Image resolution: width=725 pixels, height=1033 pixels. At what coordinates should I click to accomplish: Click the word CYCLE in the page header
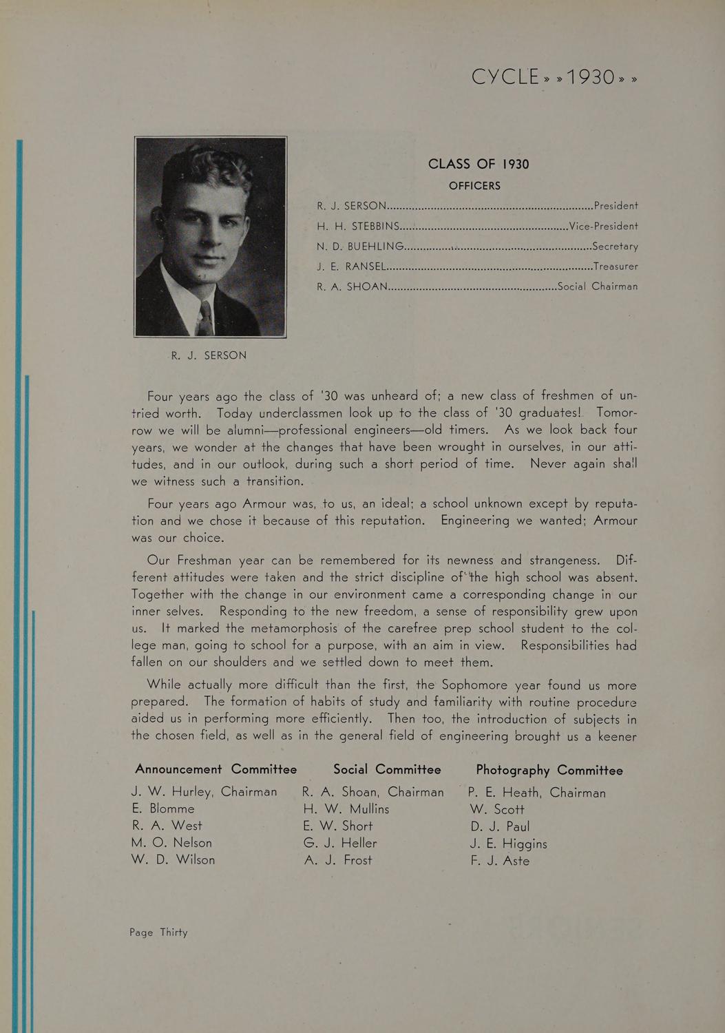tap(505, 76)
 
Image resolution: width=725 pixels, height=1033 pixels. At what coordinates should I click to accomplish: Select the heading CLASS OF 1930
tap(479, 164)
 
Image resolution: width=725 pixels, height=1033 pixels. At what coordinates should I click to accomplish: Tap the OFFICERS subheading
tap(474, 186)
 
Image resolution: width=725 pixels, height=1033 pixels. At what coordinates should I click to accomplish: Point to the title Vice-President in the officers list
tap(604, 226)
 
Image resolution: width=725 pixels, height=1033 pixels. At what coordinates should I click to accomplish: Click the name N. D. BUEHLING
tap(360, 246)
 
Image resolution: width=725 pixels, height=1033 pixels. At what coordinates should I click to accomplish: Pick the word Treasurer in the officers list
tap(616, 266)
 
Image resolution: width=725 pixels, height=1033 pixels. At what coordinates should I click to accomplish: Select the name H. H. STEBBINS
tap(358, 226)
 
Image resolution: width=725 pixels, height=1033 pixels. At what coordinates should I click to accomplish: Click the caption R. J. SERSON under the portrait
tap(209, 355)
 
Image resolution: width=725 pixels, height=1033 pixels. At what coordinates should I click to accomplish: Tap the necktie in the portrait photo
tap(205, 318)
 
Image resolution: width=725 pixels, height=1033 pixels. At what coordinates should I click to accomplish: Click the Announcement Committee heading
tap(216, 769)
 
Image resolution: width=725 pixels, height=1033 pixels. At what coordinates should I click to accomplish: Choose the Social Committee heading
tap(387, 769)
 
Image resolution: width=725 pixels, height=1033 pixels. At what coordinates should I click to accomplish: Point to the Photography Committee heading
tap(549, 771)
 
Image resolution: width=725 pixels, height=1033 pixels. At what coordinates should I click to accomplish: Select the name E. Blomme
tap(163, 808)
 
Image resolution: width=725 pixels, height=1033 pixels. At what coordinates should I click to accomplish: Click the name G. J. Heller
tap(340, 843)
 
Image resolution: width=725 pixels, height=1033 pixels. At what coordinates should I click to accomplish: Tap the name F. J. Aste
tap(500, 861)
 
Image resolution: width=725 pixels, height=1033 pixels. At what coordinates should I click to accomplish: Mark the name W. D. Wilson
tap(173, 859)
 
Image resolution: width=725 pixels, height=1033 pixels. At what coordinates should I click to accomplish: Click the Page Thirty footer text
tap(158, 932)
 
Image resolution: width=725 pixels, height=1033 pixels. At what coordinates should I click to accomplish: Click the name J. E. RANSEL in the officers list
tap(352, 266)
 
